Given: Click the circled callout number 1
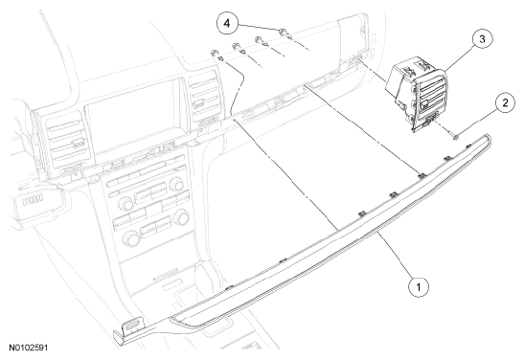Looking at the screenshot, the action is point(419,286).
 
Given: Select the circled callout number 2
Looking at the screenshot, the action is point(505,102).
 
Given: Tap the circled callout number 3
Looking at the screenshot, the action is point(482,39).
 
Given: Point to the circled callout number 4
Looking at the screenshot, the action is point(227,24).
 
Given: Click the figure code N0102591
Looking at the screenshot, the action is point(29,348).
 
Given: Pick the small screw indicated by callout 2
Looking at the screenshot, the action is point(455,136).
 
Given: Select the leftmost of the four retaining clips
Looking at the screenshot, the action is point(216,55).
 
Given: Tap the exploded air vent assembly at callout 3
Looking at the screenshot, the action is point(417,94).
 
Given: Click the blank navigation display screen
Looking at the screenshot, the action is point(132,121).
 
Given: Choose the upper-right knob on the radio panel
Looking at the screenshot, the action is point(176,185).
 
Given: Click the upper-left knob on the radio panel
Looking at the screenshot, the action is point(125,203).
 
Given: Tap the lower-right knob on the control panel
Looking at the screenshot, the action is point(182,217).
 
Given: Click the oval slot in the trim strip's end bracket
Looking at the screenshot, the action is point(133,325).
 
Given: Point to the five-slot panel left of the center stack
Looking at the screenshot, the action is point(33,200).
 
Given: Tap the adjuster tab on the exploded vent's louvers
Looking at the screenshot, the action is point(423,106).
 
